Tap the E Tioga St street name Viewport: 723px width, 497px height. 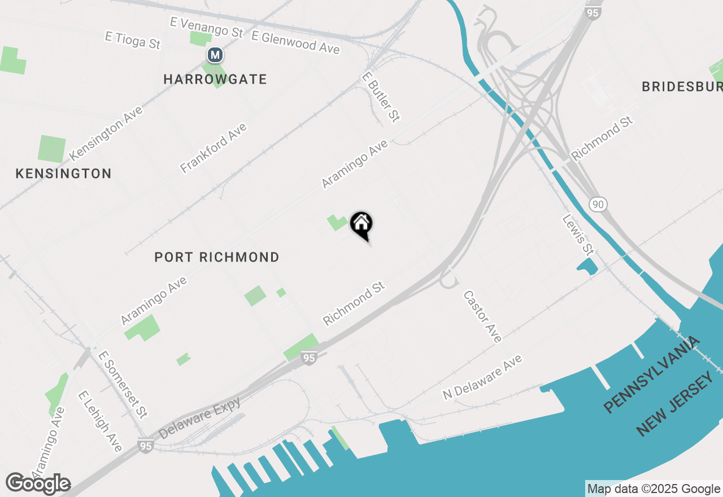(133, 40)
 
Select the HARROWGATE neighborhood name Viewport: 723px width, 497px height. (215, 80)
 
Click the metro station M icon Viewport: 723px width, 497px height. (215, 55)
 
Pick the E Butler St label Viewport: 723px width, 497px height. (381, 96)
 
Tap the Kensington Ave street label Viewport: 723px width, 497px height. (106, 133)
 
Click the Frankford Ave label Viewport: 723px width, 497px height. (214, 148)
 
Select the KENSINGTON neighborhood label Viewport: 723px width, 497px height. (63, 174)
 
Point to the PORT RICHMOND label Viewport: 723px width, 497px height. (217, 258)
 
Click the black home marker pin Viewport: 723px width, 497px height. (361, 224)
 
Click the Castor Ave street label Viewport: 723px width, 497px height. (482, 316)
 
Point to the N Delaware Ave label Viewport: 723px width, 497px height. (482, 377)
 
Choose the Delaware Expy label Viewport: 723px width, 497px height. (200, 417)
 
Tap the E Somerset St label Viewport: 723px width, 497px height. (123, 384)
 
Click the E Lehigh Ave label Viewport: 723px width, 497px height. (100, 421)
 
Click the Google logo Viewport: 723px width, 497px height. (38, 483)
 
